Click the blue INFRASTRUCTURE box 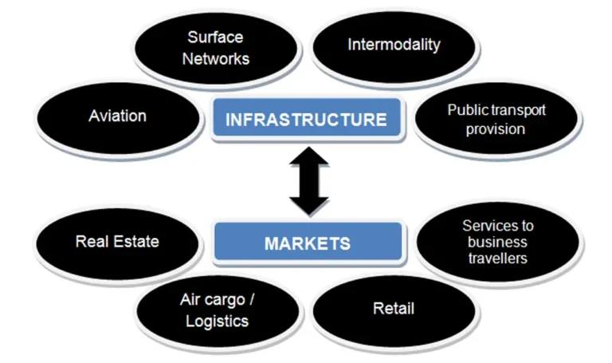[x=306, y=120]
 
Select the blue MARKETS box [x=307, y=243]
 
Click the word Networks [x=216, y=58]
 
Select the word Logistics [x=217, y=322]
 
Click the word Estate [x=138, y=241]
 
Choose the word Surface [x=215, y=37]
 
